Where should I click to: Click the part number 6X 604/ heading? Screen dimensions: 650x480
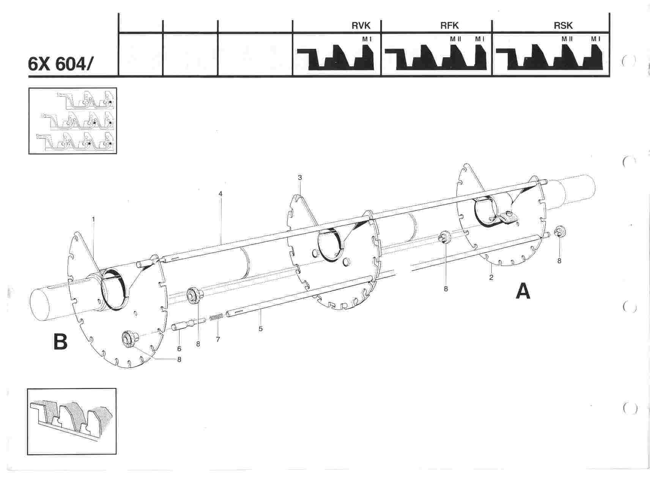coord(60,64)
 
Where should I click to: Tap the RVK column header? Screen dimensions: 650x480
coord(360,26)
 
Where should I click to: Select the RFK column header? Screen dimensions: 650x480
coord(450,26)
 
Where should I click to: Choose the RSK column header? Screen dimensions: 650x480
coord(563,26)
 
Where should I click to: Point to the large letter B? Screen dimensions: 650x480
coord(60,342)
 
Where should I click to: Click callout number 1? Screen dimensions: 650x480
coord(93,219)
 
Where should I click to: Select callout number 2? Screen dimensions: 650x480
coord(491,278)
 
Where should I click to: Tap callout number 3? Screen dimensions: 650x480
coord(300,177)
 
